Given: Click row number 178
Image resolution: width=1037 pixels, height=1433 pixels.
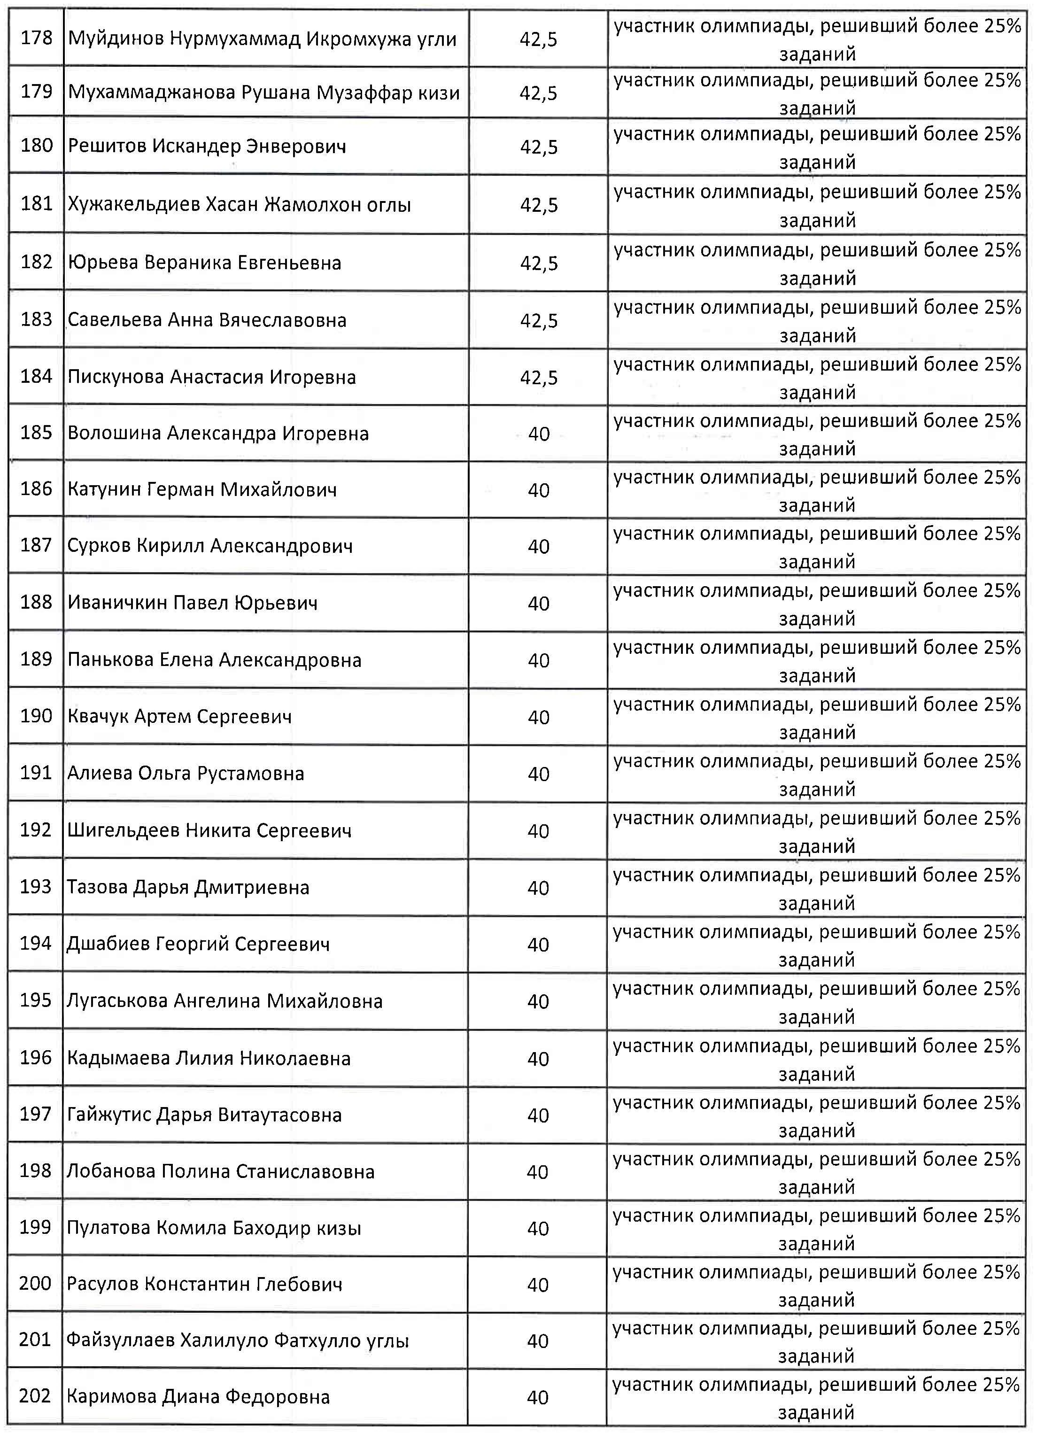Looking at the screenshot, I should click(x=36, y=38).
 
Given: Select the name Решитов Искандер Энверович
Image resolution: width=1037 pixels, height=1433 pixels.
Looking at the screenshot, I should click(x=207, y=147).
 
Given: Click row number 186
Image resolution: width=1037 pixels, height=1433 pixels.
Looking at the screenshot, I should click(x=36, y=488).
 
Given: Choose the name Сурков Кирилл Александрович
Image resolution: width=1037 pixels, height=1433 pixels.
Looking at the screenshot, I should click(x=210, y=546).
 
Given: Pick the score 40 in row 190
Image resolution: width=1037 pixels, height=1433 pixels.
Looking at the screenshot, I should click(x=538, y=717).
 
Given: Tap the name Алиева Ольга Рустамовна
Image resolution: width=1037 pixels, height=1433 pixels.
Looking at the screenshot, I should click(x=186, y=774).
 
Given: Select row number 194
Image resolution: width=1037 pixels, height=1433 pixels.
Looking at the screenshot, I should click(x=35, y=943).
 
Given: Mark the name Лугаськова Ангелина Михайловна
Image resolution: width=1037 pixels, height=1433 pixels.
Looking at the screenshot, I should click(x=224, y=1001).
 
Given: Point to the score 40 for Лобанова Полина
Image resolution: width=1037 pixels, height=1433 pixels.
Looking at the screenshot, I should click(x=537, y=1172).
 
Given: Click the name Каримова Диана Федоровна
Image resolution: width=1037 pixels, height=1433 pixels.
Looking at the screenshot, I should click(x=198, y=1396).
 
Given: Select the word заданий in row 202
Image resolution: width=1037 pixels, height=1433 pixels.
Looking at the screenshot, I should click(x=816, y=1413).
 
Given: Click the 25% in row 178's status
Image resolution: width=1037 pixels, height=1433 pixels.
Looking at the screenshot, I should click(x=1002, y=26).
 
